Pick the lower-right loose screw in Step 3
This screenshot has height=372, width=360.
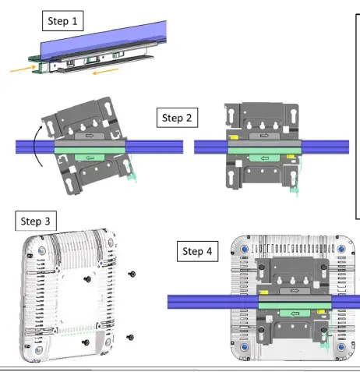[129, 337]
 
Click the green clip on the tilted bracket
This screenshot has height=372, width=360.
[88, 158]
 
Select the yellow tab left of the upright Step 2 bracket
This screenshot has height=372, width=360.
[232, 143]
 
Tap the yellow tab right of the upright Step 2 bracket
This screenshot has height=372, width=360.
[290, 157]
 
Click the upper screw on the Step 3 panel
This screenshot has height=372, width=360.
[87, 278]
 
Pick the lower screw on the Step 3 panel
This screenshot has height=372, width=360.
[85, 341]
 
